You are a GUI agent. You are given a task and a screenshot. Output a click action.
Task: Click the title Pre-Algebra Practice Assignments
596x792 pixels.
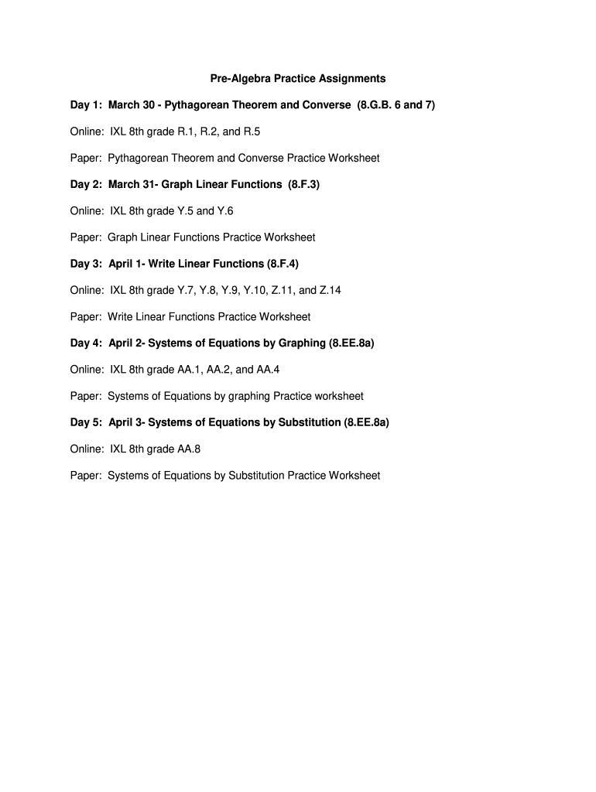point(298,79)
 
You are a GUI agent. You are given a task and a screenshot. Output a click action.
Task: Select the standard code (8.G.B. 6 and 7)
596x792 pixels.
point(396,105)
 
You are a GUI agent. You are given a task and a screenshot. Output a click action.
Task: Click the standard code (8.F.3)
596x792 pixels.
point(303,185)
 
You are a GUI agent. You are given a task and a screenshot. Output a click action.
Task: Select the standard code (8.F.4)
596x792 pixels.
point(282,264)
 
